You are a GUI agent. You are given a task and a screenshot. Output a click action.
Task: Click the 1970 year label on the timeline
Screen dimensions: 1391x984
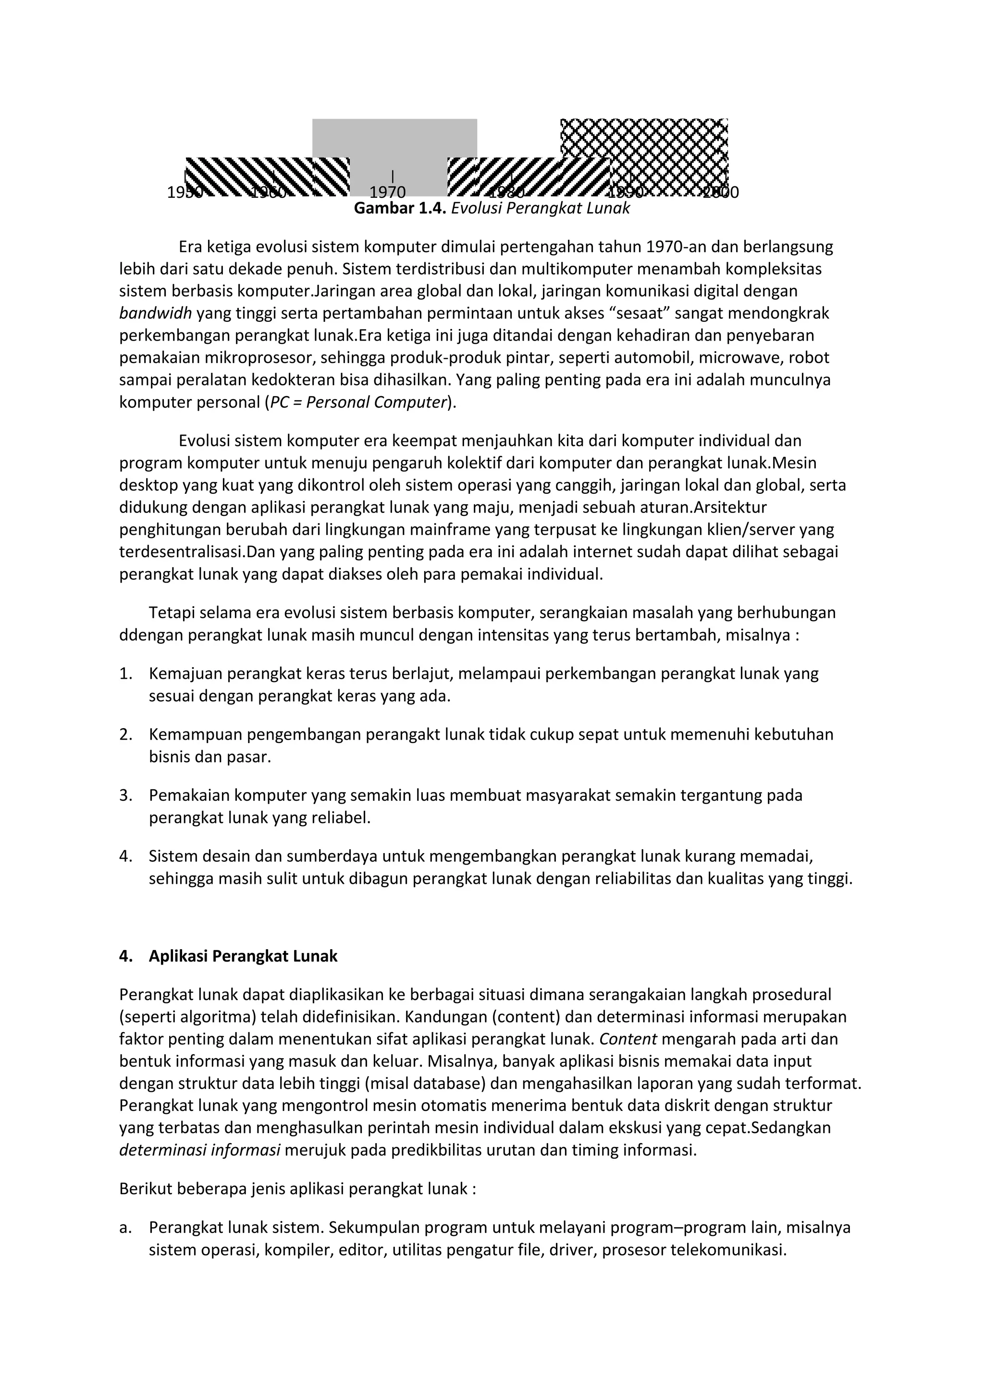coord(387,193)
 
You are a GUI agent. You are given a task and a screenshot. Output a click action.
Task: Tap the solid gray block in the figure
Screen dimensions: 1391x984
coord(394,139)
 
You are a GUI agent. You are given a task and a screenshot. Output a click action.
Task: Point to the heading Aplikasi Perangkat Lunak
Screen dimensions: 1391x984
coord(243,956)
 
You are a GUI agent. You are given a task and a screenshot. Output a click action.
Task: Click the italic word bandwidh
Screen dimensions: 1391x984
coord(155,313)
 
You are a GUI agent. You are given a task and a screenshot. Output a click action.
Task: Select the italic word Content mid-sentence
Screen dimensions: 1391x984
coord(627,1039)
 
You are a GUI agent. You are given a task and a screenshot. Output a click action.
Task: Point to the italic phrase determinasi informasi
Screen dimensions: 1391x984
coord(199,1150)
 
